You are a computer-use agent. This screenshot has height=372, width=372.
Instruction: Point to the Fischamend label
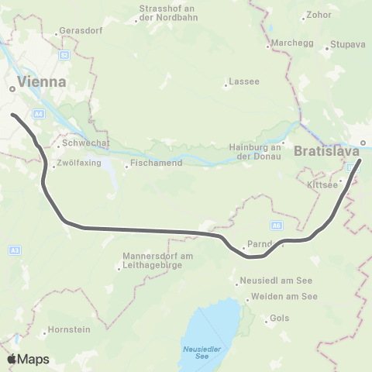pos(156,164)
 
